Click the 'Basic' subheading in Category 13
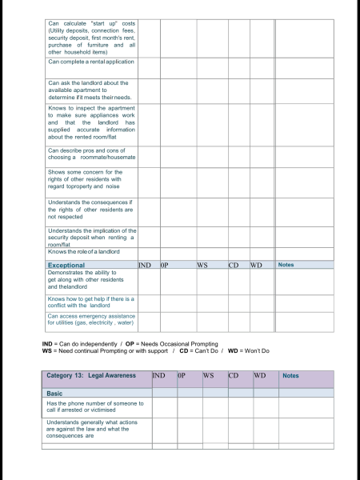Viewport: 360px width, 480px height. (56, 393)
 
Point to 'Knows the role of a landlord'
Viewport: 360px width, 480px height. (84, 252)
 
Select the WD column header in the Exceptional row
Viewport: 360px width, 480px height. (256, 264)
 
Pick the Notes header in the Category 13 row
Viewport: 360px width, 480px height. (290, 374)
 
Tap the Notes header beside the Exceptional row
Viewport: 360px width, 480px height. (286, 264)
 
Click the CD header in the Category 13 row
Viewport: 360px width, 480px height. (234, 374)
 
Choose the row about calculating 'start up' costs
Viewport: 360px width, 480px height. (91, 35)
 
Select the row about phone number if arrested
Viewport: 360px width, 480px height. (95, 406)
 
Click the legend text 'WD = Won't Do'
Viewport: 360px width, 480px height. (249, 350)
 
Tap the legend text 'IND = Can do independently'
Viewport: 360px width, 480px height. (78, 343)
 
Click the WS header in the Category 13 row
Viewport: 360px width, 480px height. (208, 374)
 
